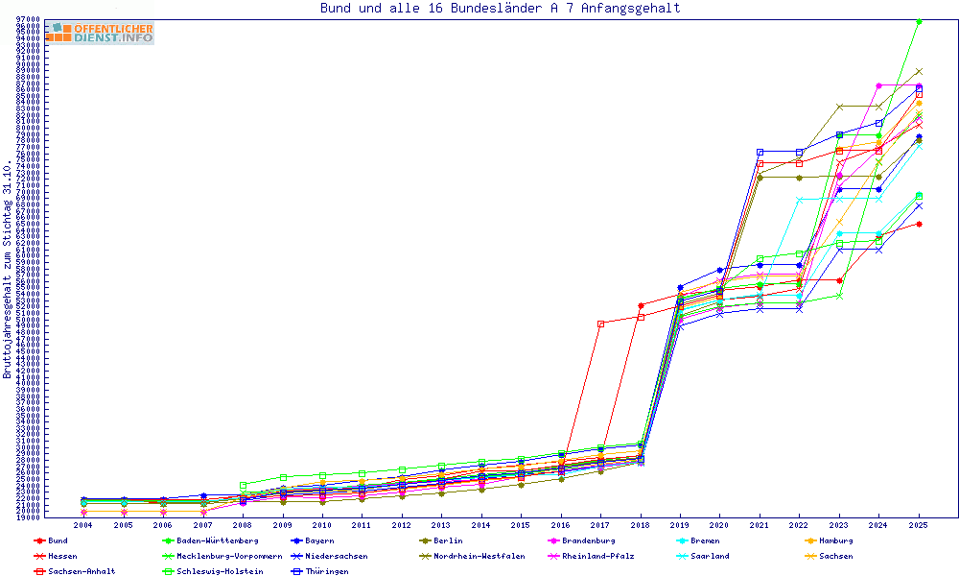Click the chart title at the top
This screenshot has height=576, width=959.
point(500,9)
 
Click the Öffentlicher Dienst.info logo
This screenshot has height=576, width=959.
point(100,34)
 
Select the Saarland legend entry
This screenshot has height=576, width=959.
point(709,556)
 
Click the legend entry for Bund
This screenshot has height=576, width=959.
point(57,540)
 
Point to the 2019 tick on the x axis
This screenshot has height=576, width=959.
point(680,525)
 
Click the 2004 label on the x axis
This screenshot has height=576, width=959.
point(83,525)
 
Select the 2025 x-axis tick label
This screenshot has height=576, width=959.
point(919,525)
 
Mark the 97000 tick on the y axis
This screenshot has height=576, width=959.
point(27,20)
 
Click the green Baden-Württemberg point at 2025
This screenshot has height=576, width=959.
point(919,21)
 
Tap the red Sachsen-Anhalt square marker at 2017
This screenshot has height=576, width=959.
point(600,324)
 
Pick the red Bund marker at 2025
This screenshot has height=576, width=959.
point(919,224)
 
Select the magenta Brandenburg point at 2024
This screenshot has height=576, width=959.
point(879,85)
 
